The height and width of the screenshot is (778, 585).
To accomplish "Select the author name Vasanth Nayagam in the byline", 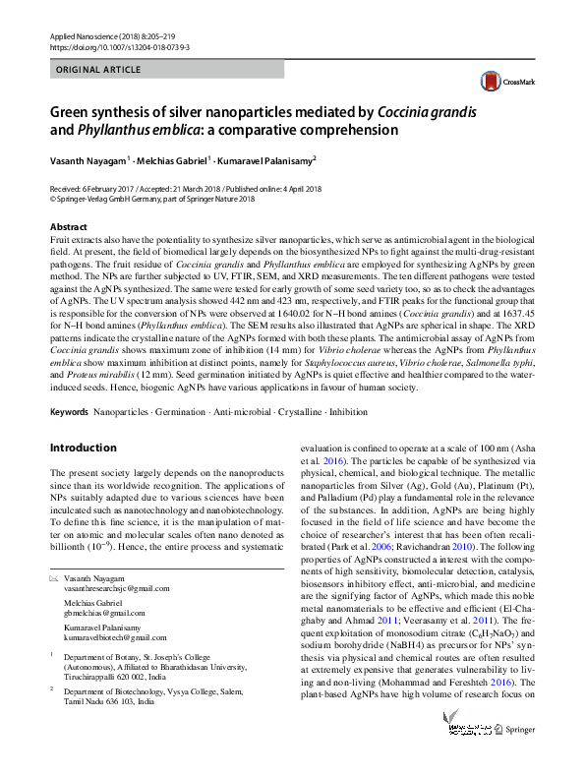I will [x=89, y=160].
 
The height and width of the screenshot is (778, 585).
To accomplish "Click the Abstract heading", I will [x=68, y=226].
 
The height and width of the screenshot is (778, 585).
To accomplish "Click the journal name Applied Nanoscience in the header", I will [x=88, y=35].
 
